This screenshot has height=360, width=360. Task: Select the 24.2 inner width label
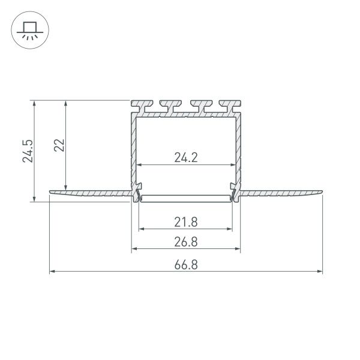click(186, 158)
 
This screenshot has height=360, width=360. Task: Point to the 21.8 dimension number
click(186, 222)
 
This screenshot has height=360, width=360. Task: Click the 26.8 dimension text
click(186, 242)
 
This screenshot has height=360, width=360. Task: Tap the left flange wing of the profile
click(90, 193)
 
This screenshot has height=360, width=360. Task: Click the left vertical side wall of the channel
click(133, 150)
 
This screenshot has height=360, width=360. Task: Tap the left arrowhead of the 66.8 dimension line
click(52, 272)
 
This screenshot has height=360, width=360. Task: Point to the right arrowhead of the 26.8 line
click(238, 248)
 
